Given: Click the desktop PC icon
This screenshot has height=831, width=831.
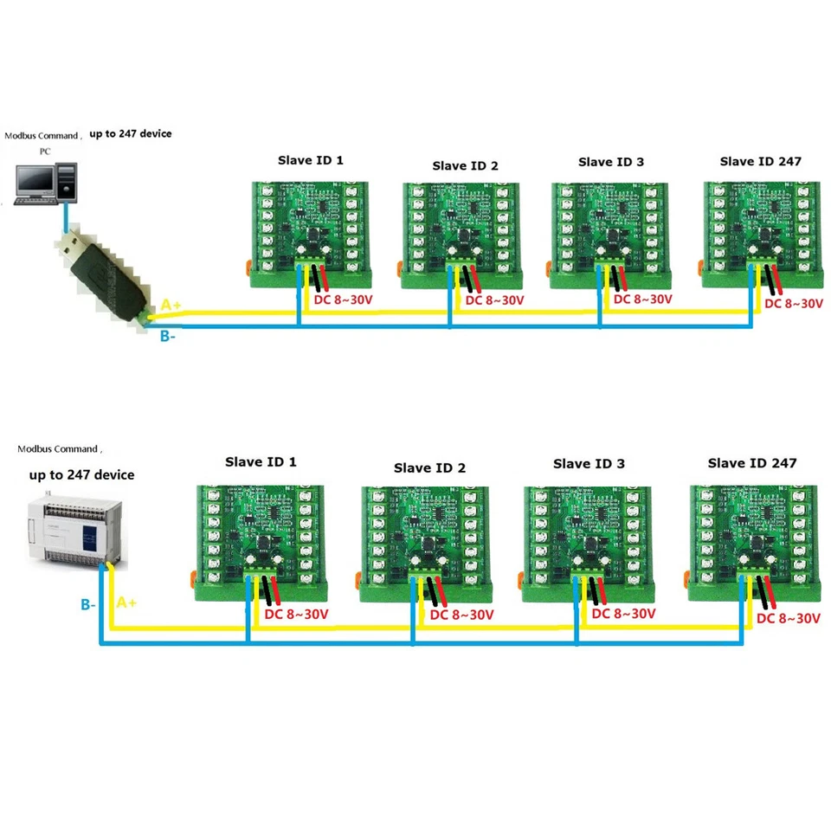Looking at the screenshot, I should [x=43, y=179].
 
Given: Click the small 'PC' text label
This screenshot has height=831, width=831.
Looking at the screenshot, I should [x=45, y=151].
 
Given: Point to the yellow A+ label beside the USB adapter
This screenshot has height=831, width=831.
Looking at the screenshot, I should [x=171, y=305].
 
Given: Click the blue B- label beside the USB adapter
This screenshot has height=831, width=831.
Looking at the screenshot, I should [x=168, y=337].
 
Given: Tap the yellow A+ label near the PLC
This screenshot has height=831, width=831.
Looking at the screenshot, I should [x=126, y=602].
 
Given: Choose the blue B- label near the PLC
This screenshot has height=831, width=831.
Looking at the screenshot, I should [x=88, y=605].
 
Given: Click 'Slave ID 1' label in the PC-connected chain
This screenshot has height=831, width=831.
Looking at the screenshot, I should [x=310, y=160].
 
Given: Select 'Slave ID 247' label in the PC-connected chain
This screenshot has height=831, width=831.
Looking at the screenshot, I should [x=760, y=161].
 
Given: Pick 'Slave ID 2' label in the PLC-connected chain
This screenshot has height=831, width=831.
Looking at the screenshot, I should [x=429, y=468].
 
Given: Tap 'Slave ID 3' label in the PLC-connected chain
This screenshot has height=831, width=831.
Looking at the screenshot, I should [x=589, y=464].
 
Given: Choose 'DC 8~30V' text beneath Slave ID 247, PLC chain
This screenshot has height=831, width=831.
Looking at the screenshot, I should [x=788, y=618].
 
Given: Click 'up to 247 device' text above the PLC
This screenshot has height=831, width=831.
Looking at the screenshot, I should [x=81, y=474].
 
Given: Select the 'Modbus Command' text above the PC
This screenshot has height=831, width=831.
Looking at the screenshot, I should [x=42, y=136].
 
